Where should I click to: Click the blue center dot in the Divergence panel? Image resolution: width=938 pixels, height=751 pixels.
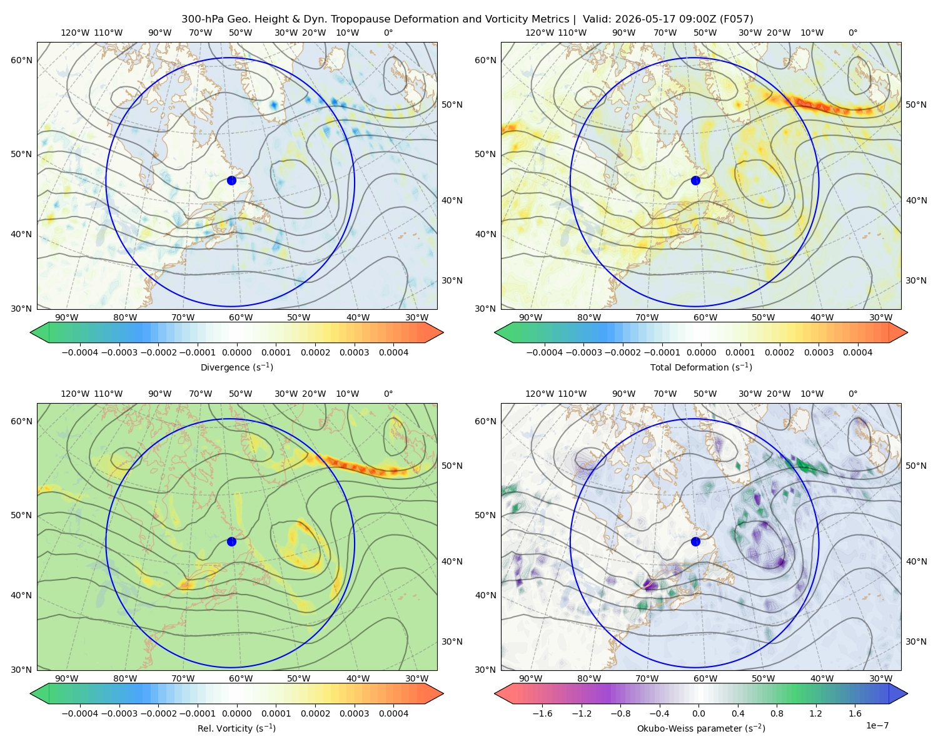coord(231,180)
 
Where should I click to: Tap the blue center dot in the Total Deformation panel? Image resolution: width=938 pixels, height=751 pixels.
coord(695,180)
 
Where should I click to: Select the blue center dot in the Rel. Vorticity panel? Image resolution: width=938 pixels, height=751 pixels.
coord(231,541)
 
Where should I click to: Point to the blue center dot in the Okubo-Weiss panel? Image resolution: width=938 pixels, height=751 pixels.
coord(695,541)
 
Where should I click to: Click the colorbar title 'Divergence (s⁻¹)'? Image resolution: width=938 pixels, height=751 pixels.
coord(236,367)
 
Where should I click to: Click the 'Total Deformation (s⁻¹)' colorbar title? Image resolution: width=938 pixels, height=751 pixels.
coord(701,367)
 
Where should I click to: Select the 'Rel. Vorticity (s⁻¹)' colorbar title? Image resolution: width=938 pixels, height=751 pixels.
coord(236,728)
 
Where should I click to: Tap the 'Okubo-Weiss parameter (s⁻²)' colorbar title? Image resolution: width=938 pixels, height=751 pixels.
coord(701,728)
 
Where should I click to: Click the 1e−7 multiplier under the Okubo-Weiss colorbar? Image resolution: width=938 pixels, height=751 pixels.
coord(877,725)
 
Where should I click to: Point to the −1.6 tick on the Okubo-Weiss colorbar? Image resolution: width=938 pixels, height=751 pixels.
coord(542,713)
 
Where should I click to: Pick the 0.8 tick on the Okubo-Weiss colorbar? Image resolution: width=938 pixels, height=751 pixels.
coord(777,713)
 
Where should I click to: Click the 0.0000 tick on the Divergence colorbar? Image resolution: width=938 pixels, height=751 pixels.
coord(236,352)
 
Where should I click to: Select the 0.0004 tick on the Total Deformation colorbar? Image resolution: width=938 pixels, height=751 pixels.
coord(857,352)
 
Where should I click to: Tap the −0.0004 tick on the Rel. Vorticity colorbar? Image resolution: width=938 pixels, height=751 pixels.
coord(80,713)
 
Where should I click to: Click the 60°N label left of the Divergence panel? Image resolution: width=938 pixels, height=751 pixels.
coord(21,60)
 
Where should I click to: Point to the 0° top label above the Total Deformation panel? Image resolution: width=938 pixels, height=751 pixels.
coord(852,33)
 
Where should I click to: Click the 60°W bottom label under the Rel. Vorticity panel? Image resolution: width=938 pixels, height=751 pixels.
coord(241,678)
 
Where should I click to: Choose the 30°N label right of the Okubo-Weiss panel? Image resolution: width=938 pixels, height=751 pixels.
coord(915,641)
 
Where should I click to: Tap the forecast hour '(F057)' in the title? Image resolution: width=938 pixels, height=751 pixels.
coord(736,19)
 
